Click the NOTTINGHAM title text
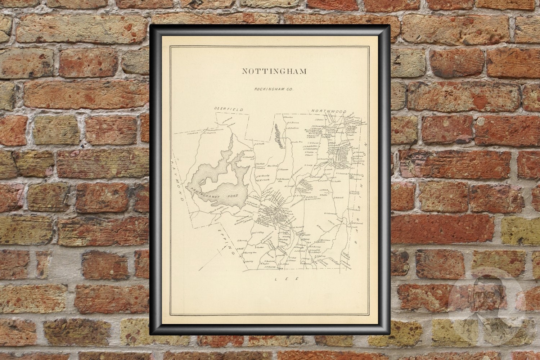[274, 71]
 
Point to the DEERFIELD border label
[229, 109]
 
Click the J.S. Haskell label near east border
[351, 209]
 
